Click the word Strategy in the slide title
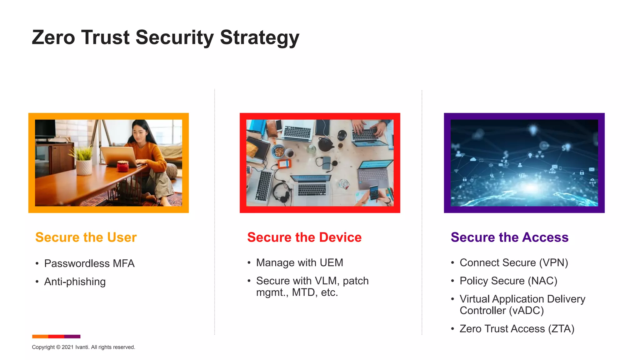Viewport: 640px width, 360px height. click(259, 37)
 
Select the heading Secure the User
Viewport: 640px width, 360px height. click(86, 237)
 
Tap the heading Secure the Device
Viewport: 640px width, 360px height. click(304, 237)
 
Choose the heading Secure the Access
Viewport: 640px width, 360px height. click(509, 237)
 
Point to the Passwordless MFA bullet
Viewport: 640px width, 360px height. click(89, 263)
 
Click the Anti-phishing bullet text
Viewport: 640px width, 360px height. click(75, 282)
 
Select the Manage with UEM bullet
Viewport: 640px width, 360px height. click(299, 262)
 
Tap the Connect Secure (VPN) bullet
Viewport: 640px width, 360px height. click(514, 262)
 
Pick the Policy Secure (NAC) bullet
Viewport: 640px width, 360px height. click(508, 281)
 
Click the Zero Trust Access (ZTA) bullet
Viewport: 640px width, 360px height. click(517, 329)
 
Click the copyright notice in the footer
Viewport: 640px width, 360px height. click(83, 347)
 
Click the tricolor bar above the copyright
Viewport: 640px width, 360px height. click(56, 337)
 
